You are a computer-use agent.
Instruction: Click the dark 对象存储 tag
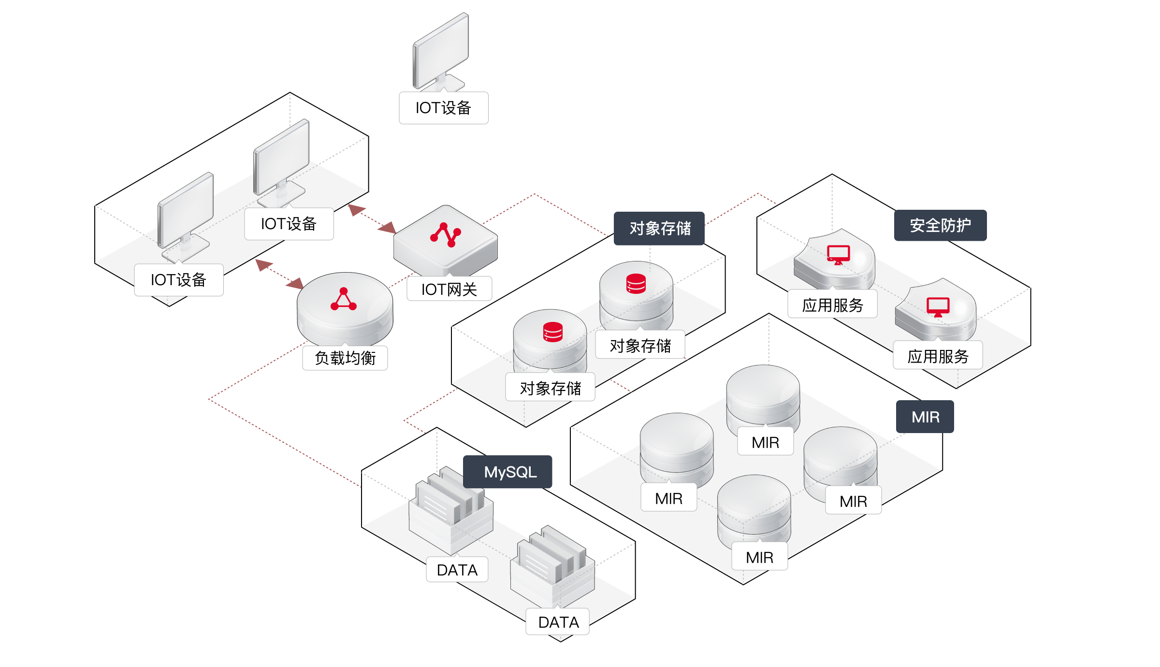tap(659, 228)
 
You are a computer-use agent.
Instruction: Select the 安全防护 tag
tap(940, 225)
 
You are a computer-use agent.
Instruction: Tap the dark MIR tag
tap(925, 417)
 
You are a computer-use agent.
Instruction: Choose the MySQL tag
tap(508, 472)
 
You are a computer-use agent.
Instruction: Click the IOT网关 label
tap(449, 289)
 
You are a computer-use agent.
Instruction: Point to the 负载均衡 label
tap(345, 358)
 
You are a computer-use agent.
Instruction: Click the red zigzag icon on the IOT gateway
tap(446, 235)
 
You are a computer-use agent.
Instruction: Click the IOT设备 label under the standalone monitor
tap(443, 108)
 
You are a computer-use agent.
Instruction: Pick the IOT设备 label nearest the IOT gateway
tap(289, 224)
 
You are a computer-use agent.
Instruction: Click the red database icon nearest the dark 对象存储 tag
tap(636, 284)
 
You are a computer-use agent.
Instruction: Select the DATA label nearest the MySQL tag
tap(457, 570)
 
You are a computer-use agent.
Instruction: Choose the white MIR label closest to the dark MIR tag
tap(854, 501)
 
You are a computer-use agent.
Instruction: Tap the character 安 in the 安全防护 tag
tap(917, 225)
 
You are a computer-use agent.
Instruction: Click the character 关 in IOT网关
tap(469, 289)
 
